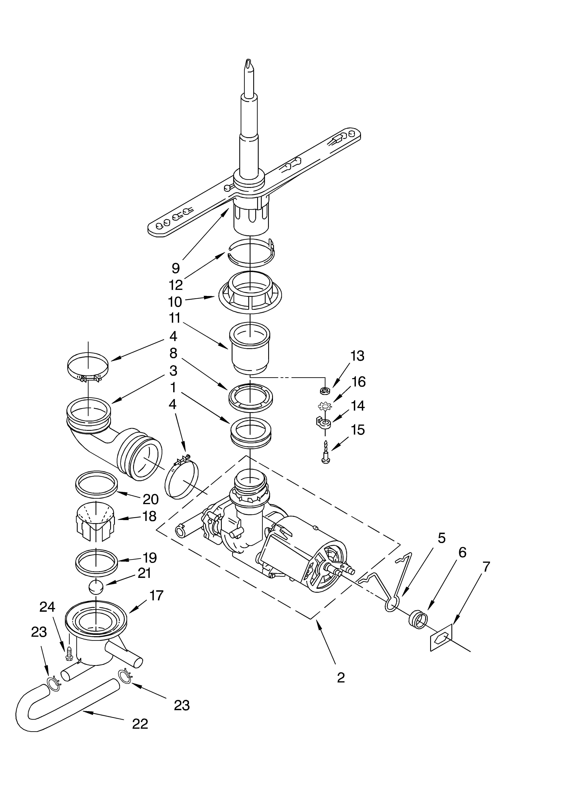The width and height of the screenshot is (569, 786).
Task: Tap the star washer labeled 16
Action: point(325,405)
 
